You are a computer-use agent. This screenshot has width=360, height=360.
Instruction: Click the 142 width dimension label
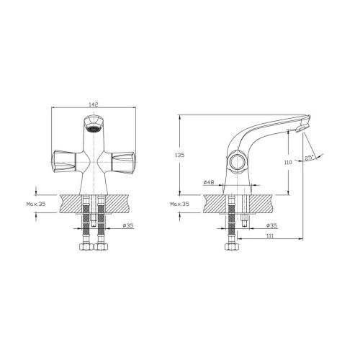coord(94,104)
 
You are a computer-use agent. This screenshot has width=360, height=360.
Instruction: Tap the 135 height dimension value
coord(180,155)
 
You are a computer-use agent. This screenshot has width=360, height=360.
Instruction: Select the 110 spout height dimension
coord(288,163)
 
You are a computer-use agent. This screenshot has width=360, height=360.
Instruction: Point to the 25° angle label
coord(310,158)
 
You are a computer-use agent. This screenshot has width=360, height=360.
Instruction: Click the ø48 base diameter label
coord(209,182)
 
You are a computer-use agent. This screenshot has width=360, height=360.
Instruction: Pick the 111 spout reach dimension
coord(270,236)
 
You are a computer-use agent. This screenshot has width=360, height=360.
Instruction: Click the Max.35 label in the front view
coord(36,204)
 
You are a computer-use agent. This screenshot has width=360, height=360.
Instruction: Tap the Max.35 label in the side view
coord(179,204)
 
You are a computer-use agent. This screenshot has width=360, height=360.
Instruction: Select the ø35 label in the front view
coord(128,225)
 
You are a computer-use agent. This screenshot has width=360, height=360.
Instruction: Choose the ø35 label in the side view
coord(271,225)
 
